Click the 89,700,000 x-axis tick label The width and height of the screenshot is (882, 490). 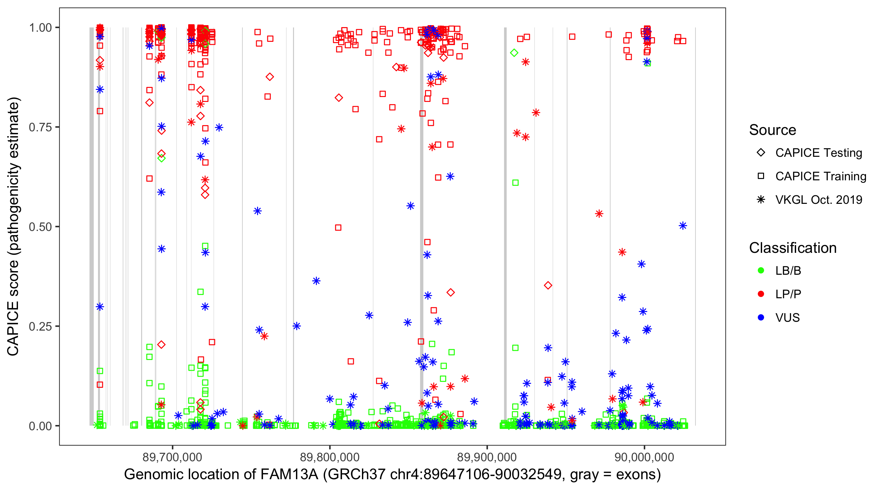(x=172, y=457)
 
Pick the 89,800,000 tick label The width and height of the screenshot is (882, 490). (x=330, y=457)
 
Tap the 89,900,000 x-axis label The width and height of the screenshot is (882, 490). (x=487, y=457)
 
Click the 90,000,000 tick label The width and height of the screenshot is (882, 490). (x=645, y=457)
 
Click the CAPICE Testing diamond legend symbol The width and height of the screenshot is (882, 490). (x=761, y=153)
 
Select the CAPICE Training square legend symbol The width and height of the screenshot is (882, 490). (x=761, y=176)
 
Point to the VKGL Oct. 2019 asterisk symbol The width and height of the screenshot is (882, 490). (x=761, y=200)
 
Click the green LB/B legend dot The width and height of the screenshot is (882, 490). (x=761, y=270)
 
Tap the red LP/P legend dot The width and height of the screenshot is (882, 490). (x=761, y=294)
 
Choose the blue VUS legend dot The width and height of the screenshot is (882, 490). (x=761, y=318)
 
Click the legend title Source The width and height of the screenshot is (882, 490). (x=773, y=130)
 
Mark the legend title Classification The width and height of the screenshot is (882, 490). (x=792, y=248)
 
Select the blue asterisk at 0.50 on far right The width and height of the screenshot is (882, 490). (x=683, y=226)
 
